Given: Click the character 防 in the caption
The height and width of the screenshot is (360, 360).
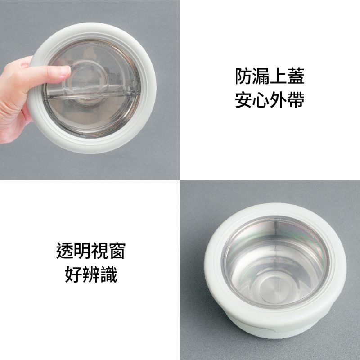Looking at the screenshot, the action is point(243,76).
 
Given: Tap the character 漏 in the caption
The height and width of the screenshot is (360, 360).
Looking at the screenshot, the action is point(261,76).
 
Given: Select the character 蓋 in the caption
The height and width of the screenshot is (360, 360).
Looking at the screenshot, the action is point(296,76).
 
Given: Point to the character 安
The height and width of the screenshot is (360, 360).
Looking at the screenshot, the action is point(243,99).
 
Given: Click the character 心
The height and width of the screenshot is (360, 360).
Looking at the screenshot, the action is point(261,99).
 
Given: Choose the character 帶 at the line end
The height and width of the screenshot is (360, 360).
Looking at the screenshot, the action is point(296,99).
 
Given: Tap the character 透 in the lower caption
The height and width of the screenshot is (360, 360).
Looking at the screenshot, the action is point(65,251).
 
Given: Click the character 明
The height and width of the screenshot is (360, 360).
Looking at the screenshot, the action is point(82,251).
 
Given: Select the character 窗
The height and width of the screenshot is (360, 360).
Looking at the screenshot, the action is point(117,251).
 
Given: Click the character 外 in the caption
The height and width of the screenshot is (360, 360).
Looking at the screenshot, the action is point(279,99).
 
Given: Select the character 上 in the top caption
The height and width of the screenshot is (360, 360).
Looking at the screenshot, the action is point(279,76).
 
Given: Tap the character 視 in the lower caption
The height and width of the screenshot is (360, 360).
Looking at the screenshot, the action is point(99,251).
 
